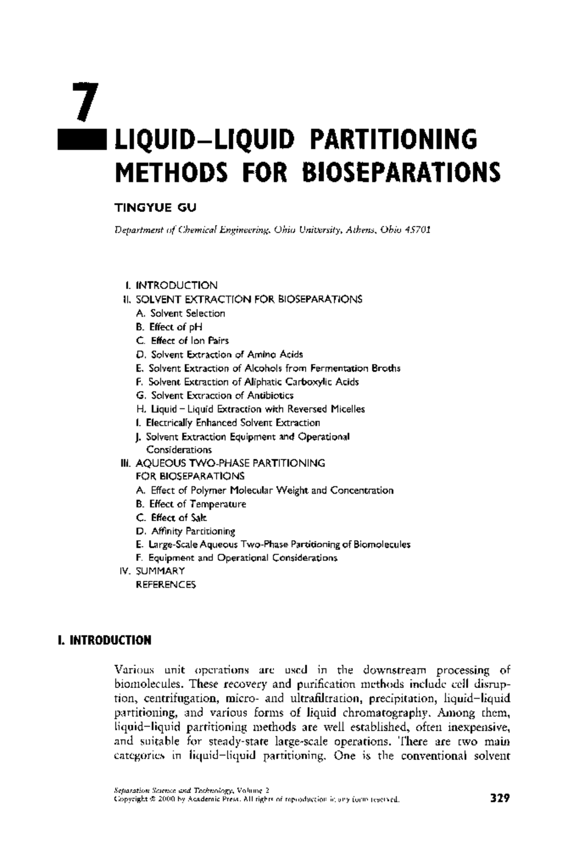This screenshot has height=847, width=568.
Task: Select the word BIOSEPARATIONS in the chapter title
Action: click(x=400, y=172)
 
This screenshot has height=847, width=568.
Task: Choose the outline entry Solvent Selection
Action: click(x=187, y=313)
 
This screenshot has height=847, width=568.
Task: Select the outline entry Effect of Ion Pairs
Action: click(x=189, y=341)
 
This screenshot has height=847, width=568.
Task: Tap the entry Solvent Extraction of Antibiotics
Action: click(x=222, y=395)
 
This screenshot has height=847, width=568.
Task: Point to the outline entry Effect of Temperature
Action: click(x=197, y=504)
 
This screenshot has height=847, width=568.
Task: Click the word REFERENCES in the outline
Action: click(x=166, y=585)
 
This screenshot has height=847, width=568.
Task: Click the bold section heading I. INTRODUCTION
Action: click(x=104, y=641)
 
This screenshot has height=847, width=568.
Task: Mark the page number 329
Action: click(x=499, y=799)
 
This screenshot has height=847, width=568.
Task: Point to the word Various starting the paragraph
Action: click(x=134, y=670)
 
